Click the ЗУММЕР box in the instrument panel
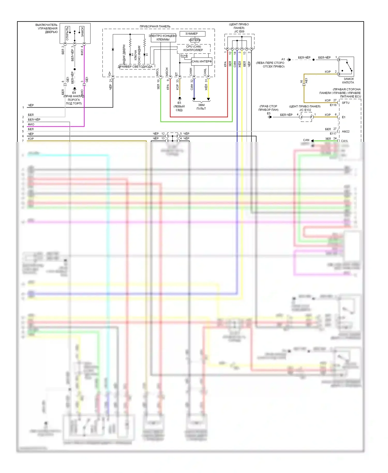point(191,34)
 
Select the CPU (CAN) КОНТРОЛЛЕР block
point(193,48)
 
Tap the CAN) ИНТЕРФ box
point(202,62)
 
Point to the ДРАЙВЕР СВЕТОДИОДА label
point(135,67)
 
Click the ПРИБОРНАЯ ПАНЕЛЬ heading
point(155,26)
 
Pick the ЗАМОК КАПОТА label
point(348,81)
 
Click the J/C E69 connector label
point(239,32)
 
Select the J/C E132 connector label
point(305,110)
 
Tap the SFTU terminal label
point(346,103)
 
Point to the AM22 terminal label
point(346,131)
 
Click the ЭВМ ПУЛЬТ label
point(201,107)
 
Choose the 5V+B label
point(184,56)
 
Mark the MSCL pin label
point(157,72)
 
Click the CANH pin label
point(191,72)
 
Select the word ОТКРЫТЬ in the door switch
point(67,34)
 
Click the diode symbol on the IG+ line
point(113,49)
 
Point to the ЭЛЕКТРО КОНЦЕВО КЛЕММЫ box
point(163,38)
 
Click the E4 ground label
point(74,93)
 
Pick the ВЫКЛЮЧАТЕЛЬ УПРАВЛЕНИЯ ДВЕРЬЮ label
point(47,28)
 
